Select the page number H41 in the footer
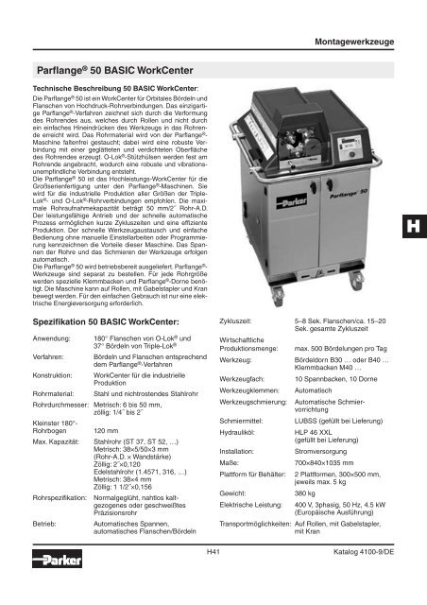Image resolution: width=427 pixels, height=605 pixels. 213,578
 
